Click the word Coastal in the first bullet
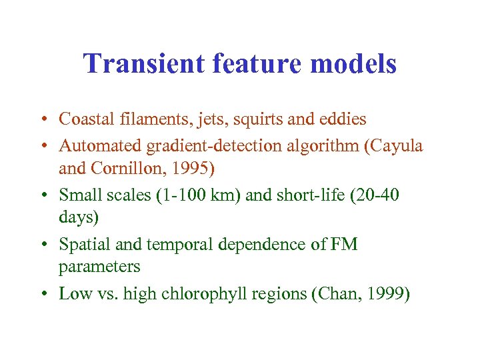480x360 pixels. coord(83,119)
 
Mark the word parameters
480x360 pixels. coord(99,267)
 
